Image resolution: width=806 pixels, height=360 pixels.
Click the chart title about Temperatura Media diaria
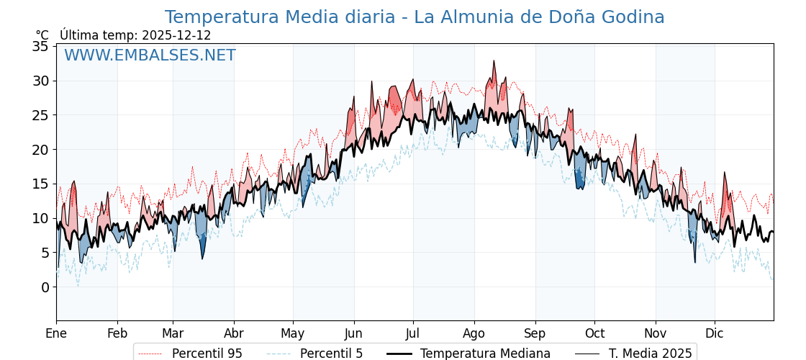tap(415, 17)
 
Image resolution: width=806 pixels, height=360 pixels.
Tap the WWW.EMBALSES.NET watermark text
tap(150, 55)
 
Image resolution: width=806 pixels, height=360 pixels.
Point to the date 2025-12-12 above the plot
tap(176, 35)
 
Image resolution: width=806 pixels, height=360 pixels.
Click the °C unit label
tap(42, 35)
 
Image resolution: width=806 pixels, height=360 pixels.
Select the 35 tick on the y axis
tap(40, 47)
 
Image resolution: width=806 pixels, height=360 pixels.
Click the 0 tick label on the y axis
tap(45, 287)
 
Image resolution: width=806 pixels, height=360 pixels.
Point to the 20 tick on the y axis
tap(40, 150)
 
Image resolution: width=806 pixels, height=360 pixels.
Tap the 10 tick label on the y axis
tap(40, 218)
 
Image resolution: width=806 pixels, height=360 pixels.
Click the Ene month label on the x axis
tap(56, 333)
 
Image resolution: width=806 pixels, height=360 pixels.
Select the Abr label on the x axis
tap(234, 333)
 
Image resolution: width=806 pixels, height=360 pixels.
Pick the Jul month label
tap(413, 333)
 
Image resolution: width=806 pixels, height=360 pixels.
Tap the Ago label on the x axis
tap(474, 333)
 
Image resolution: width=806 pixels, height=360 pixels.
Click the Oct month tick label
tap(594, 333)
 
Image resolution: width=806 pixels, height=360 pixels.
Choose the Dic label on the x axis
tap(715, 333)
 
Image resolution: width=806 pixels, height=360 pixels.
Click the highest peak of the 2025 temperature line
tap(494, 60)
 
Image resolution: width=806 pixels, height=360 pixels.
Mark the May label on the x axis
tap(293, 333)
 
